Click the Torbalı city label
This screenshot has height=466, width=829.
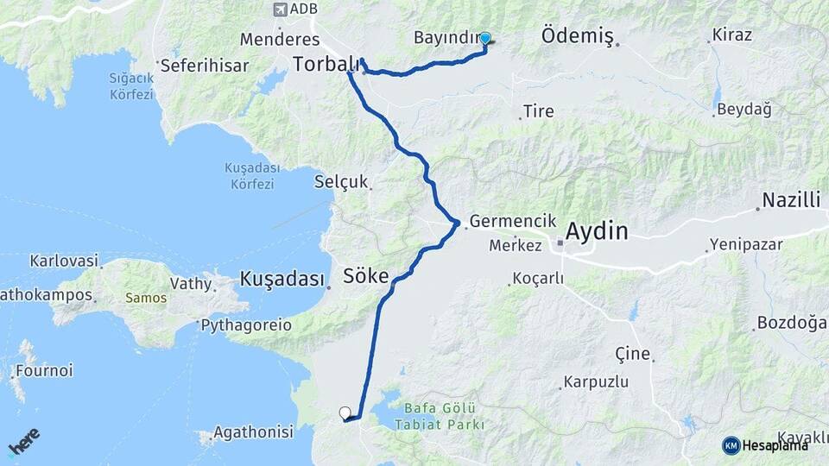point(326,64)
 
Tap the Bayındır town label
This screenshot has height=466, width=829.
point(445,38)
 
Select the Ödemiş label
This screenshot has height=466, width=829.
point(577,36)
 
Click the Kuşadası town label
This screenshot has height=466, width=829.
point(282,280)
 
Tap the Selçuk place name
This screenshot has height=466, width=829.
point(341,182)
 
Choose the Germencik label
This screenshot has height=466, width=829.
point(513,221)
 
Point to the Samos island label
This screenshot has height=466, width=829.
point(146,298)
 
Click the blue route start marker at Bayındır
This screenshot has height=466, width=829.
point(485,39)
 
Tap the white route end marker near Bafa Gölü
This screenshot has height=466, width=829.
point(345,412)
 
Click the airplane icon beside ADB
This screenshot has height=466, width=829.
point(279,9)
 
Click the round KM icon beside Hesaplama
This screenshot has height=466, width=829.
point(731,445)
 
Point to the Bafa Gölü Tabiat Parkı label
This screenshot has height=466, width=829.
point(439,417)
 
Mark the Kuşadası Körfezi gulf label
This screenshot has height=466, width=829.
point(249,175)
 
